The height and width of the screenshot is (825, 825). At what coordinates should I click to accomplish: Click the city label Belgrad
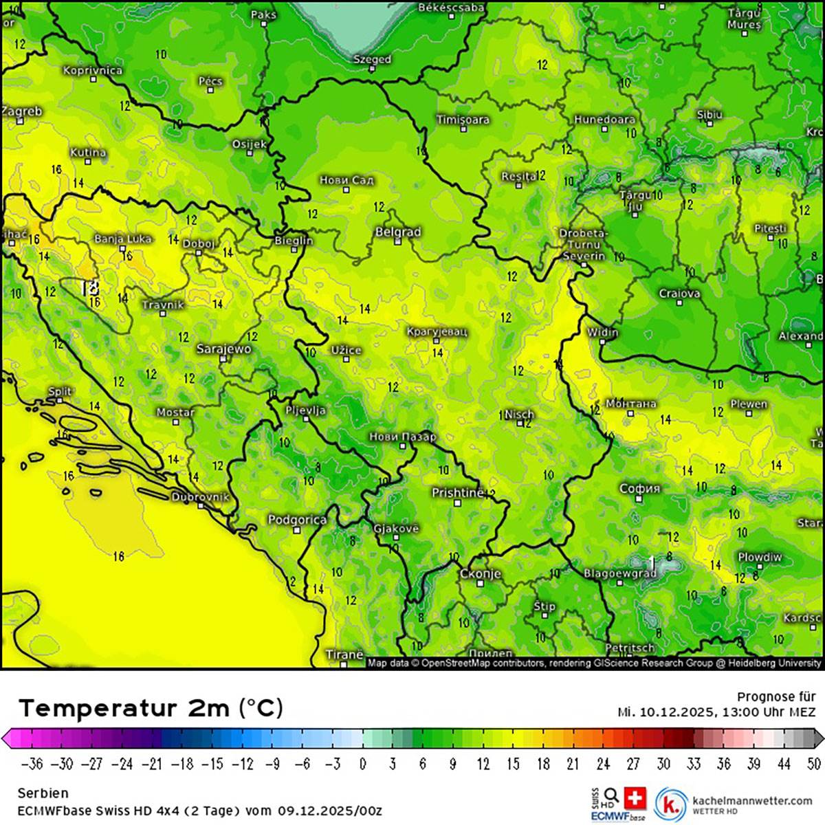(x=397, y=232)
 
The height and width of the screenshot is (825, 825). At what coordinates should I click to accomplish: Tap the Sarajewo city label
(x=223, y=349)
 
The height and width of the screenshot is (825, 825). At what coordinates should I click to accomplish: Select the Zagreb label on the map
(x=22, y=111)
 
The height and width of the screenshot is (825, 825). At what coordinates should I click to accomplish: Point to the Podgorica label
(x=297, y=520)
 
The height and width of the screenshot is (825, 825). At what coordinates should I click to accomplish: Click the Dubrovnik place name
(x=199, y=496)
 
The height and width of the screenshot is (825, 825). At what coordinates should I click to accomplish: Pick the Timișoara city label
(x=463, y=120)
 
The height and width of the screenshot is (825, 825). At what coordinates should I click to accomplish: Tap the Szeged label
(x=372, y=60)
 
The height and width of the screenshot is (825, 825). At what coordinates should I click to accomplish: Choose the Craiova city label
(x=679, y=294)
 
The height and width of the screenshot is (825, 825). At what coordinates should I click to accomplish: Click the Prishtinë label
(x=457, y=493)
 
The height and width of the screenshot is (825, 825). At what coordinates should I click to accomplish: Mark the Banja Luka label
(x=122, y=239)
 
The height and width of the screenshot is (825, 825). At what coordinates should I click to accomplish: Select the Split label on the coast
(x=60, y=392)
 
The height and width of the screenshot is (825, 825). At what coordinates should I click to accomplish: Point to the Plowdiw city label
(x=760, y=557)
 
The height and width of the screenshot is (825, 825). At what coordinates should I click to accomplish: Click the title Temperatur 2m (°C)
(x=151, y=707)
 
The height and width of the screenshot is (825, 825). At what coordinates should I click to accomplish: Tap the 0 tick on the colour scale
(x=362, y=764)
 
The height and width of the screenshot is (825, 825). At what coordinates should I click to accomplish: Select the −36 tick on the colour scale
(x=33, y=764)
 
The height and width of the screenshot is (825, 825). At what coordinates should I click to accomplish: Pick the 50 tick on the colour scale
(x=814, y=764)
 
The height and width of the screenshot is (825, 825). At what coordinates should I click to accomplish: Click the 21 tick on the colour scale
(x=573, y=764)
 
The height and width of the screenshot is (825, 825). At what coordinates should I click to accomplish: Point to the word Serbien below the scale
(x=43, y=793)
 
